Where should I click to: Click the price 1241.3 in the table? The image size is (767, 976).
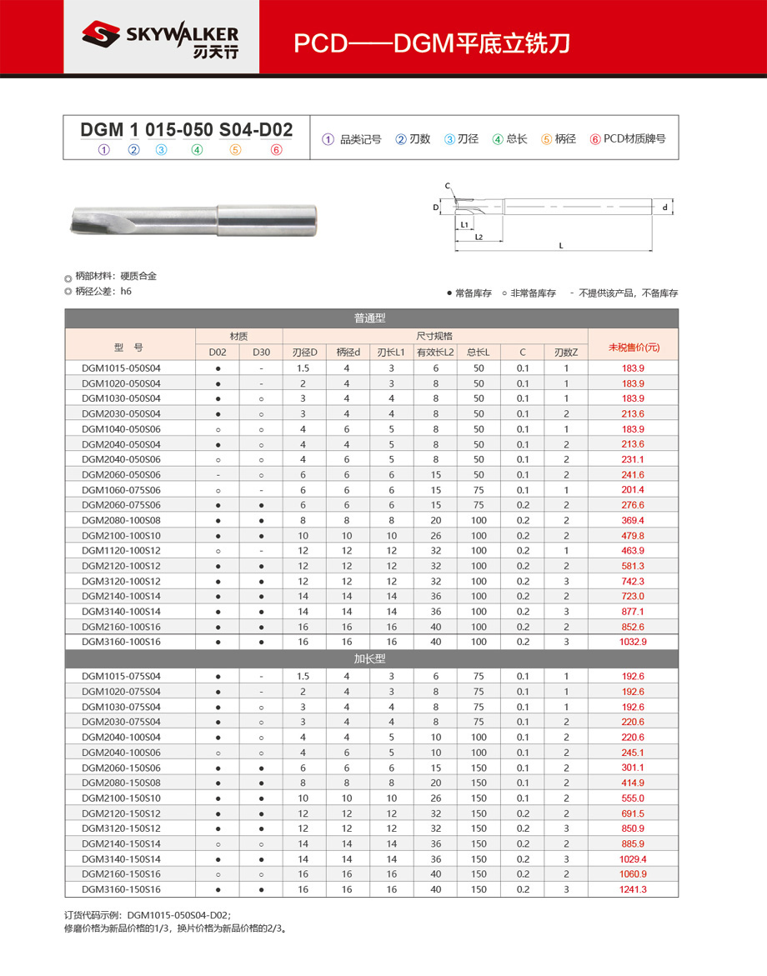[x=633, y=889]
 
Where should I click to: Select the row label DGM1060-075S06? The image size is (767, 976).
[x=121, y=490]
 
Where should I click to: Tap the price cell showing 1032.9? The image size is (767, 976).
[x=633, y=642]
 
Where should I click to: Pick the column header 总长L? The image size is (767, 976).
[x=479, y=353]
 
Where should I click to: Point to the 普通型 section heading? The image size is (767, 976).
[x=371, y=318]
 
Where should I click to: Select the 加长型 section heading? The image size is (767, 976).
[x=371, y=658]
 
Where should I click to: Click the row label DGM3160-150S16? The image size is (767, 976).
[x=121, y=889]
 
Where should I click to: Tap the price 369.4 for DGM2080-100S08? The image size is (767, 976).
[x=633, y=520]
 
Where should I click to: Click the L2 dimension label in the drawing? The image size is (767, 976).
[x=479, y=238]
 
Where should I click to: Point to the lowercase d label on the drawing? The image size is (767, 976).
[x=664, y=207]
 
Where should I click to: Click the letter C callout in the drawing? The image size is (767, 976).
[x=447, y=185]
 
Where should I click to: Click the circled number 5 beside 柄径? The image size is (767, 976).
[x=546, y=139]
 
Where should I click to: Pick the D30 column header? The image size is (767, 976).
[x=261, y=353]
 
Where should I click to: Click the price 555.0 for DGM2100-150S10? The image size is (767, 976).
[x=633, y=798]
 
